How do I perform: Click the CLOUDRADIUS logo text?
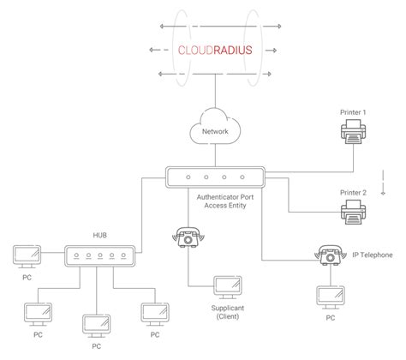[215, 50]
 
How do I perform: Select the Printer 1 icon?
[353, 131]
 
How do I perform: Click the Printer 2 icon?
[353, 212]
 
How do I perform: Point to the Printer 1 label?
[353, 112]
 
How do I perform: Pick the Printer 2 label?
[353, 193]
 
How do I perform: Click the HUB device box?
[99, 256]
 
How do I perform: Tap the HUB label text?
[100, 235]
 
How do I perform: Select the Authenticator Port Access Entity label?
[225, 201]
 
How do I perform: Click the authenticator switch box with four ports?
[215, 177]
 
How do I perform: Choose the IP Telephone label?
[373, 255]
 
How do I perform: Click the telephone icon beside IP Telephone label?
[331, 255]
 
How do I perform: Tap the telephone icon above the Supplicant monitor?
[188, 237]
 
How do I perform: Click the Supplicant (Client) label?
[228, 312]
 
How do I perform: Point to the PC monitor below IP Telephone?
[331, 297]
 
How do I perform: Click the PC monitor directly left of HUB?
[27, 257]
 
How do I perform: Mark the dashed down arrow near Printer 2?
[383, 183]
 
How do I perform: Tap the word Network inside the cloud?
[215, 131]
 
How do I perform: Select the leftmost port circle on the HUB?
[76, 255]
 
